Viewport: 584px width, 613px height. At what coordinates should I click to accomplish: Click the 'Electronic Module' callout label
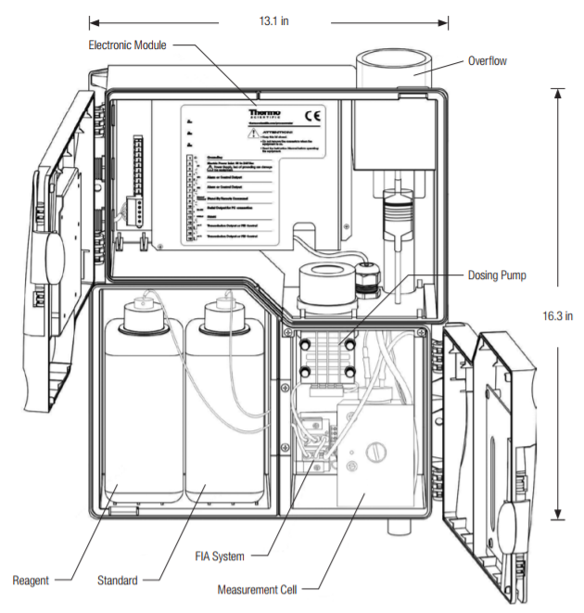(x=127, y=45)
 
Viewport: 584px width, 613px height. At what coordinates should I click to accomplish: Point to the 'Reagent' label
(x=31, y=581)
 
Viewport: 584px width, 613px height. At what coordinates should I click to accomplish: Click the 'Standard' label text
(x=117, y=581)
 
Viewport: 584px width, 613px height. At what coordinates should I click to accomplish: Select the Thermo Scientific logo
(x=263, y=116)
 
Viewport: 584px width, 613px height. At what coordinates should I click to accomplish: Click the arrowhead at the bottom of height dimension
(x=557, y=517)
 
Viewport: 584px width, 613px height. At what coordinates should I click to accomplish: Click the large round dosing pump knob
(x=325, y=278)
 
